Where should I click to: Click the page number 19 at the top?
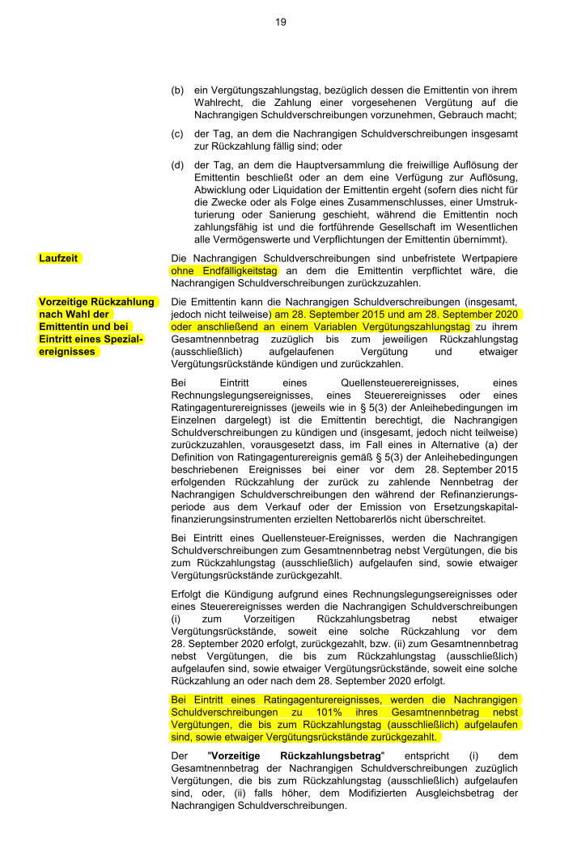pos(280,22)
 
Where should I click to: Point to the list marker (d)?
pos(177,165)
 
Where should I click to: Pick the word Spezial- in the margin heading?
pos(121,339)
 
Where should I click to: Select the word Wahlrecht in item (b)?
pos(219,103)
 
